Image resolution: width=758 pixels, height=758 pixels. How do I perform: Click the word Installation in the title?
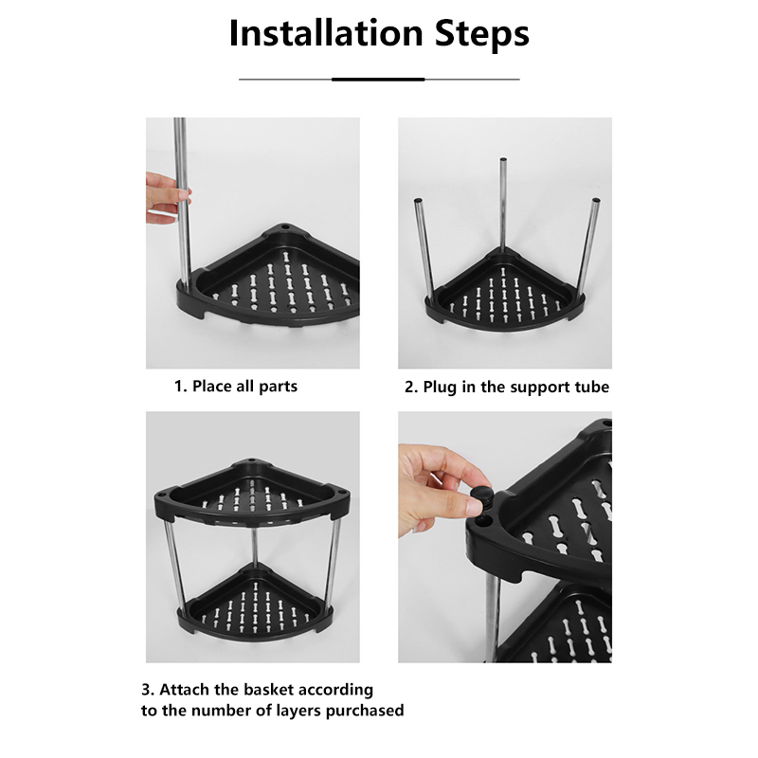click(316, 34)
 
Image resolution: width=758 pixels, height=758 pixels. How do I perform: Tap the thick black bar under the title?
click(379, 79)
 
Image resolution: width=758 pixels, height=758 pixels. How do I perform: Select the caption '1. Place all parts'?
click(235, 387)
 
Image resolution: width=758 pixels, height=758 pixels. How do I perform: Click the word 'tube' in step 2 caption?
click(589, 387)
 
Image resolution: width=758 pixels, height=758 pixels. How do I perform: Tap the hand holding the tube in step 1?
click(166, 193)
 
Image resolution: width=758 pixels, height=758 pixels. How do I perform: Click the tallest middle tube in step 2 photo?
click(503, 204)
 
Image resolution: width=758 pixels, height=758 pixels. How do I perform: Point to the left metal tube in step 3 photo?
click(172, 568)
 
